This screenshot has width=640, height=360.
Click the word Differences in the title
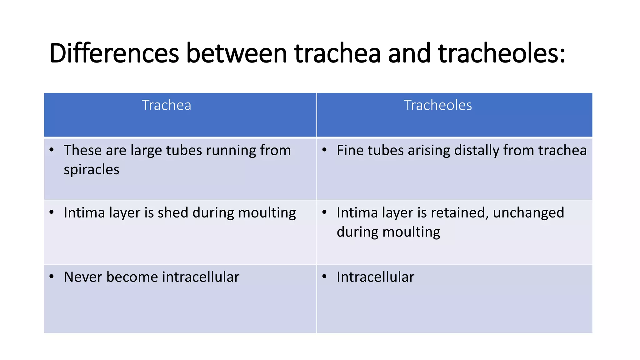click(114, 53)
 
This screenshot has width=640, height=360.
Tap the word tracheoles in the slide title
click(502, 53)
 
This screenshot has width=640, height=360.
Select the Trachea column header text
click(166, 105)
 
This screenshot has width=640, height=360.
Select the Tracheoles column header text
click(438, 105)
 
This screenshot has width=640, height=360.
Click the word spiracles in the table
click(92, 170)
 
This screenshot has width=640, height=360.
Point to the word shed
click(173, 213)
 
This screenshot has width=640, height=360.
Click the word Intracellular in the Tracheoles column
click(375, 277)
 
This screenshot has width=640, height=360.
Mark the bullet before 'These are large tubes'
click(52, 150)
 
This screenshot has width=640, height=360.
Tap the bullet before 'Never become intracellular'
click(52, 277)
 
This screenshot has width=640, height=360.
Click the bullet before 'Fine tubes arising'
click(325, 150)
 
